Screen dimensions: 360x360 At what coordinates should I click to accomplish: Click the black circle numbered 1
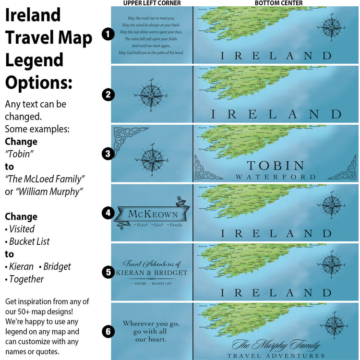pos(108,34)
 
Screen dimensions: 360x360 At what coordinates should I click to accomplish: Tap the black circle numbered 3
pos(108,154)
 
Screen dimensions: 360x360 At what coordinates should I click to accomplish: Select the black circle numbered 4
pos(108,213)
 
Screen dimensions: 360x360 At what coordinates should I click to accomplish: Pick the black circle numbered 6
pos(108,331)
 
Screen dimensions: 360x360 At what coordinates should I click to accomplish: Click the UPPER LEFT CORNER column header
pos(152,3)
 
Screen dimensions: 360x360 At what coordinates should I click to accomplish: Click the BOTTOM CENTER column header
pos(279,3)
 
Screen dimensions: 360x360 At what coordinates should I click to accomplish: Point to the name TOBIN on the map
pos(276,166)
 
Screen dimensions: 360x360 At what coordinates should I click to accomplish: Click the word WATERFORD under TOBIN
pos(276,177)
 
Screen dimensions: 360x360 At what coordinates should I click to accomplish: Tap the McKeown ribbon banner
pos(152,214)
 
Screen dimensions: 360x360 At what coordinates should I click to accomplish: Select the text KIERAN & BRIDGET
pos(152,273)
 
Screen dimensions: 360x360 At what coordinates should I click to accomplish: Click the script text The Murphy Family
pos(276,345)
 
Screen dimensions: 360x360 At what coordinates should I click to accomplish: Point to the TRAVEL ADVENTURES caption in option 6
pos(276,356)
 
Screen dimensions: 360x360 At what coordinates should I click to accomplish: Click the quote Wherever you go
pos(152,323)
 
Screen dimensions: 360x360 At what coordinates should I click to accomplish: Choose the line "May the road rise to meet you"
pos(152,18)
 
